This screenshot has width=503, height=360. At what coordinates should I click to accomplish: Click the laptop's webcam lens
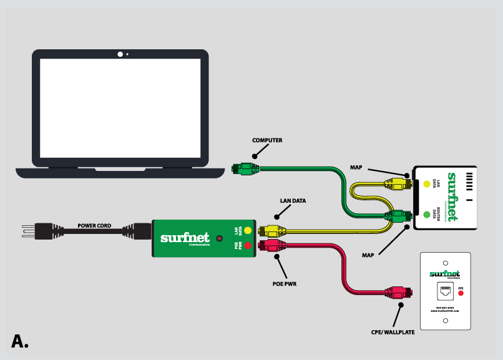click(x=120, y=54)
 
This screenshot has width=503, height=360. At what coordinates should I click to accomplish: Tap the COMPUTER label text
click(x=267, y=140)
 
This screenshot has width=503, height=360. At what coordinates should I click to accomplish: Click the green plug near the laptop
click(x=245, y=168)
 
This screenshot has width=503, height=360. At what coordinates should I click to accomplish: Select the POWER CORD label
click(x=95, y=225)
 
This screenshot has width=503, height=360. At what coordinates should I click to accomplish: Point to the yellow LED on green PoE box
click(x=248, y=230)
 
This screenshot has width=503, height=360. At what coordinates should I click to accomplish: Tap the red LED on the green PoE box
click(x=248, y=246)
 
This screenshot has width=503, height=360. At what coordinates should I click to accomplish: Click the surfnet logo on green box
click(x=185, y=238)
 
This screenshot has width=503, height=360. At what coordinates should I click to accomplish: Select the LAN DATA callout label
click(x=292, y=201)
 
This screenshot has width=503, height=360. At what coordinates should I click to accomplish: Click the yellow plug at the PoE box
click(x=273, y=230)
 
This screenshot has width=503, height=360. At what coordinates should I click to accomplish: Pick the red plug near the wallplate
click(x=397, y=291)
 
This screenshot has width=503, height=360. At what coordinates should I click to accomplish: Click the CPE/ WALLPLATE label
click(x=393, y=333)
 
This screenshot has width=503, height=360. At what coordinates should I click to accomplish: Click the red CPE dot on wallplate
click(x=461, y=293)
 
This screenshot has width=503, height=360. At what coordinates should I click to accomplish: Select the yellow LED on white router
click(x=427, y=184)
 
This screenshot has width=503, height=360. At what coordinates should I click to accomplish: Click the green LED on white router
click(x=427, y=215)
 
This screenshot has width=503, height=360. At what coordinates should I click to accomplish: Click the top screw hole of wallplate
click(x=445, y=263)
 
